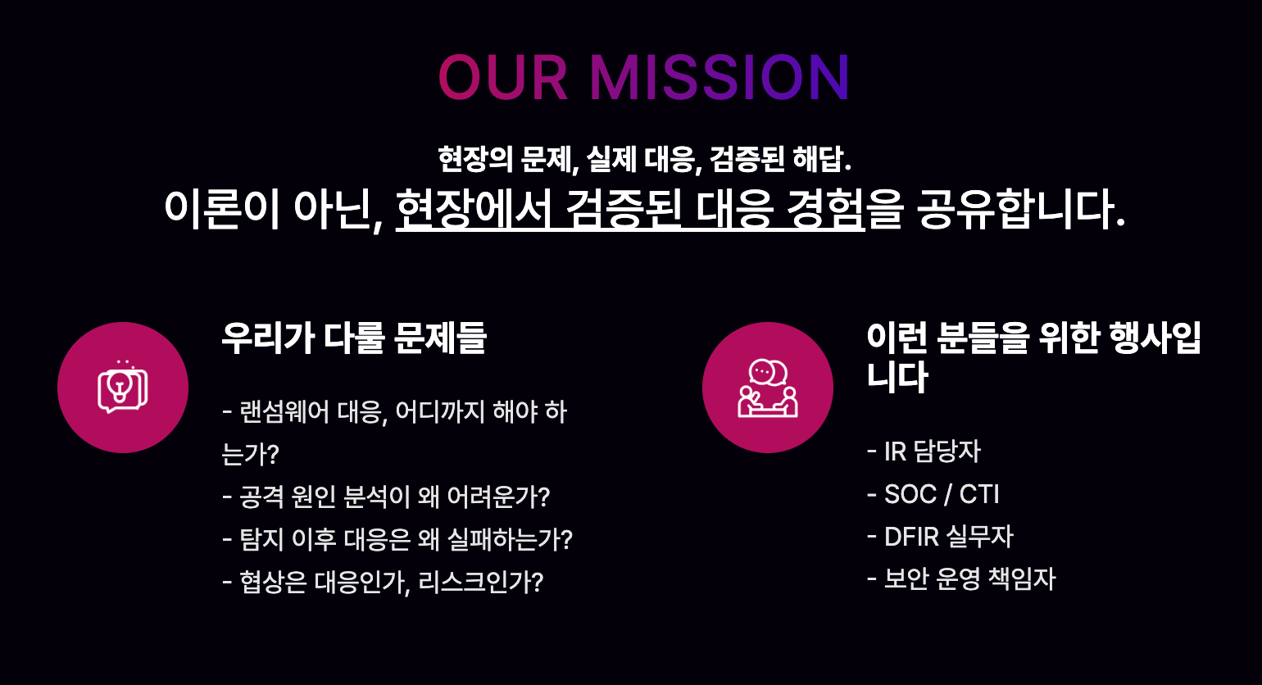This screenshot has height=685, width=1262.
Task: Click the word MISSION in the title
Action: click(x=720, y=77)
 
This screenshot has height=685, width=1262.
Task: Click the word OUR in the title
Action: click(x=502, y=77)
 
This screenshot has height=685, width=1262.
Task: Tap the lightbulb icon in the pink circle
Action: click(x=123, y=387)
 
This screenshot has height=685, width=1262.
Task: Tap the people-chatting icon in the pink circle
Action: click(x=767, y=388)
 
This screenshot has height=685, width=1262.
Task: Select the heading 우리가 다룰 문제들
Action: click(x=354, y=338)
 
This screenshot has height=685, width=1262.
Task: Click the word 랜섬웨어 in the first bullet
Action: click(x=284, y=412)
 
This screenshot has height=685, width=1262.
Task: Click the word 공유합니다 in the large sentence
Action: click(x=1021, y=209)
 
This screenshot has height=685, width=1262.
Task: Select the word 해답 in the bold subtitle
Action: click(x=821, y=159)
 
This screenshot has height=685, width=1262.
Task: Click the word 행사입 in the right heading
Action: click(x=1155, y=338)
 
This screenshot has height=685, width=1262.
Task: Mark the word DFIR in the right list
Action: click(x=911, y=536)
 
